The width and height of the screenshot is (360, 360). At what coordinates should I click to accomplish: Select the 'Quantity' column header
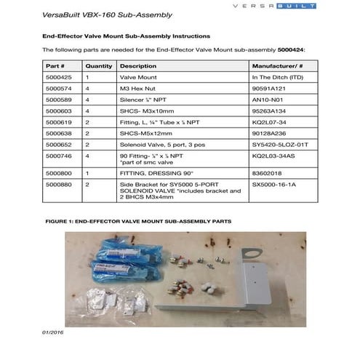99,65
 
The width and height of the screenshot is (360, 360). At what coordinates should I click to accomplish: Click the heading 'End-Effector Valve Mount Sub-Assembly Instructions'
127,35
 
